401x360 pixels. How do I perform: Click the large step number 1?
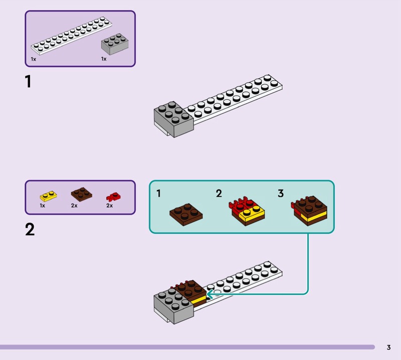28,81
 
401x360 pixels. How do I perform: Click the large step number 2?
30,230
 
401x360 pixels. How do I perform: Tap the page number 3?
388,347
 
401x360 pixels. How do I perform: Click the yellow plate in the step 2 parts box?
49,195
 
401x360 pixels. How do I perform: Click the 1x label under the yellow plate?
43,206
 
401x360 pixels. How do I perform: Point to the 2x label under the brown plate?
74,206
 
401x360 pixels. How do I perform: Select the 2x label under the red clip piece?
109,206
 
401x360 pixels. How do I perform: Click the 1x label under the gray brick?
104,59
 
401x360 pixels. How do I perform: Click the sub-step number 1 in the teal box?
158,193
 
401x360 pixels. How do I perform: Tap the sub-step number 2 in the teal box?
219,193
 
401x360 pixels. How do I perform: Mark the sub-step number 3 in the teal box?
281,193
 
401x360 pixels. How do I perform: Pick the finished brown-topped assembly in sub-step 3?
310,211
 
